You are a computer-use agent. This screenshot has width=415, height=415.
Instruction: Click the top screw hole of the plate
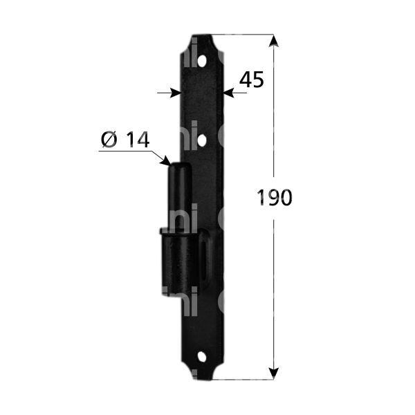click(202, 61)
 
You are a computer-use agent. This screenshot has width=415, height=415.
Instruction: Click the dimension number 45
click(251, 80)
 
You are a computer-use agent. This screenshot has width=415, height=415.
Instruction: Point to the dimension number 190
click(275, 198)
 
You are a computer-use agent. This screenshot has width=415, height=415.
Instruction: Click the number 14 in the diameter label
click(138, 140)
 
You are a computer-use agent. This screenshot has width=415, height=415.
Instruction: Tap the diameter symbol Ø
click(109, 140)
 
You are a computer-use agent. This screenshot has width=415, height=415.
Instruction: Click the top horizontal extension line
click(242, 35)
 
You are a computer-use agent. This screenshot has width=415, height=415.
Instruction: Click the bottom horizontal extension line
click(242, 379)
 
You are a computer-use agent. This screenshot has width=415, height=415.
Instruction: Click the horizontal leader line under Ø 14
click(124, 151)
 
